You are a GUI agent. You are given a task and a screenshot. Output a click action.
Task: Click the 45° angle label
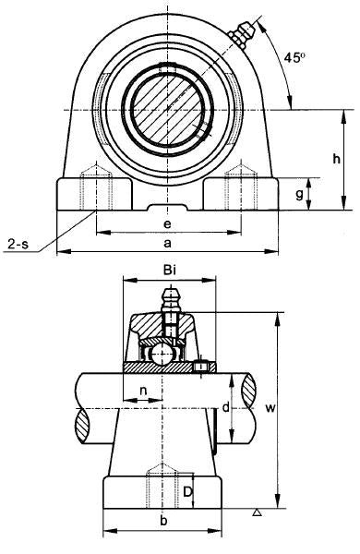pos(294,57)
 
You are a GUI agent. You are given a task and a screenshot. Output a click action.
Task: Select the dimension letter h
pos(336,159)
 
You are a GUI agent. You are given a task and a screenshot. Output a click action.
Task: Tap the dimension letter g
pos(299,194)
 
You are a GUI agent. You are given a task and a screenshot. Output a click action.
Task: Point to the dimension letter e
pos(167,224)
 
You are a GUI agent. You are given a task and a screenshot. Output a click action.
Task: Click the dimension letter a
pos(168,243)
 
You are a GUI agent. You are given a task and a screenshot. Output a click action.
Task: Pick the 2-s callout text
pos(18,244)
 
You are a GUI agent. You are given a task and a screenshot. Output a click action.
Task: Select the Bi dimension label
pos(170,271)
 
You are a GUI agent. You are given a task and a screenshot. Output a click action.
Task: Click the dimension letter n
pos(143,391)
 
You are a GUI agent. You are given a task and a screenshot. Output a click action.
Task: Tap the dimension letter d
pos(226,407)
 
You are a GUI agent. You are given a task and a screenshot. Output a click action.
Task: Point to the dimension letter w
pos(270,408)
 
